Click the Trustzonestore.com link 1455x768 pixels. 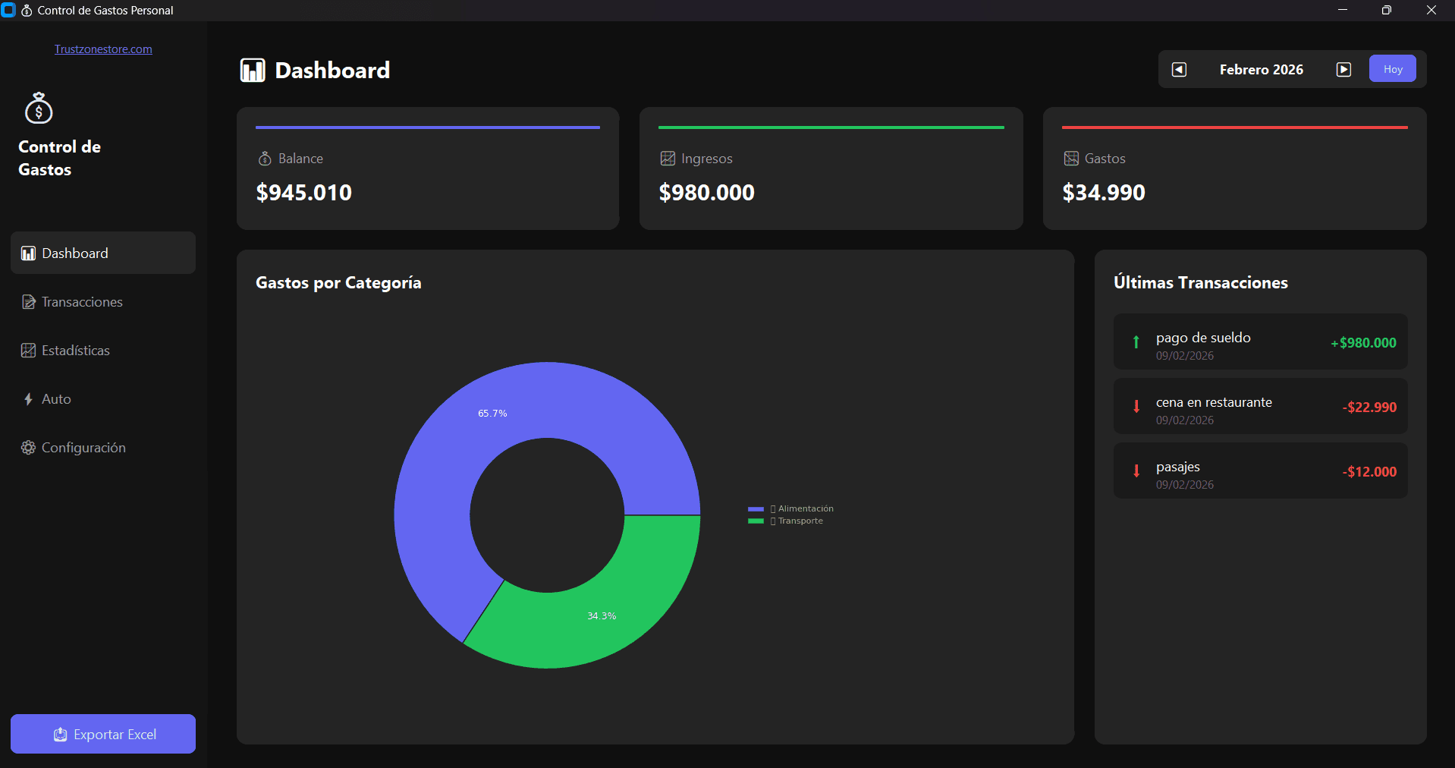tap(103, 49)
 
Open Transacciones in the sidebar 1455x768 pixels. tap(82, 302)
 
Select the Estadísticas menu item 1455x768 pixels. tap(75, 351)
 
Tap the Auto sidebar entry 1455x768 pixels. tap(55, 399)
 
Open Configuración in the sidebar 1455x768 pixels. tap(83, 448)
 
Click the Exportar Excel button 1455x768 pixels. tap(103, 734)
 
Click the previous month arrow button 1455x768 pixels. tap(1179, 70)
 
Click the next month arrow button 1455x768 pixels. tap(1343, 70)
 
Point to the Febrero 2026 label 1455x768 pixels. tap(1261, 70)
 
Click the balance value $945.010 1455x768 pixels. tap(304, 193)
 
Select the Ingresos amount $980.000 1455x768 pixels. tap(706, 193)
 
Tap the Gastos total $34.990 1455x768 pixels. tap(1104, 193)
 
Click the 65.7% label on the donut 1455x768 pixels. tap(492, 414)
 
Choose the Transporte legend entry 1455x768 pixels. tap(800, 521)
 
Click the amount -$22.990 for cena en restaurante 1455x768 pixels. tap(1369, 408)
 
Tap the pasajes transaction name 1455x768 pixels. tap(1177, 467)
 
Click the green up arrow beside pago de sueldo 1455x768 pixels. tap(1136, 342)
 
